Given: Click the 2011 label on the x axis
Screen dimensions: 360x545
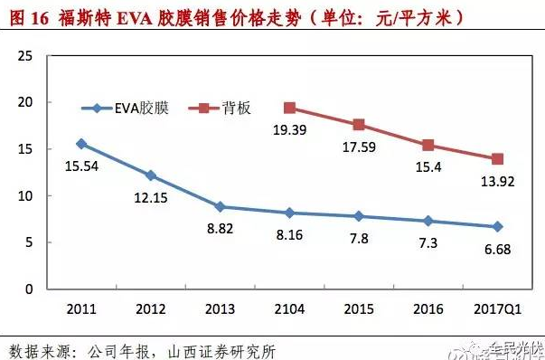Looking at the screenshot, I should (x=82, y=308).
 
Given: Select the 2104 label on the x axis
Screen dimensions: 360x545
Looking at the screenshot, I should (x=289, y=308).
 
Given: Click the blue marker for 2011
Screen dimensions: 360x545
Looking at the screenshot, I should (x=82, y=144).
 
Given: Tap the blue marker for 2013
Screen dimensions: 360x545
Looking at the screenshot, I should (x=221, y=207).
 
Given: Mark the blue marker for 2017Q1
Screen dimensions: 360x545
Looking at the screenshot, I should (x=497, y=227).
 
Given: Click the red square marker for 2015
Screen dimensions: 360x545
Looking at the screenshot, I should (x=359, y=125).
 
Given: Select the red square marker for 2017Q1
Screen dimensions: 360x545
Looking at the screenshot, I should (x=497, y=159).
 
